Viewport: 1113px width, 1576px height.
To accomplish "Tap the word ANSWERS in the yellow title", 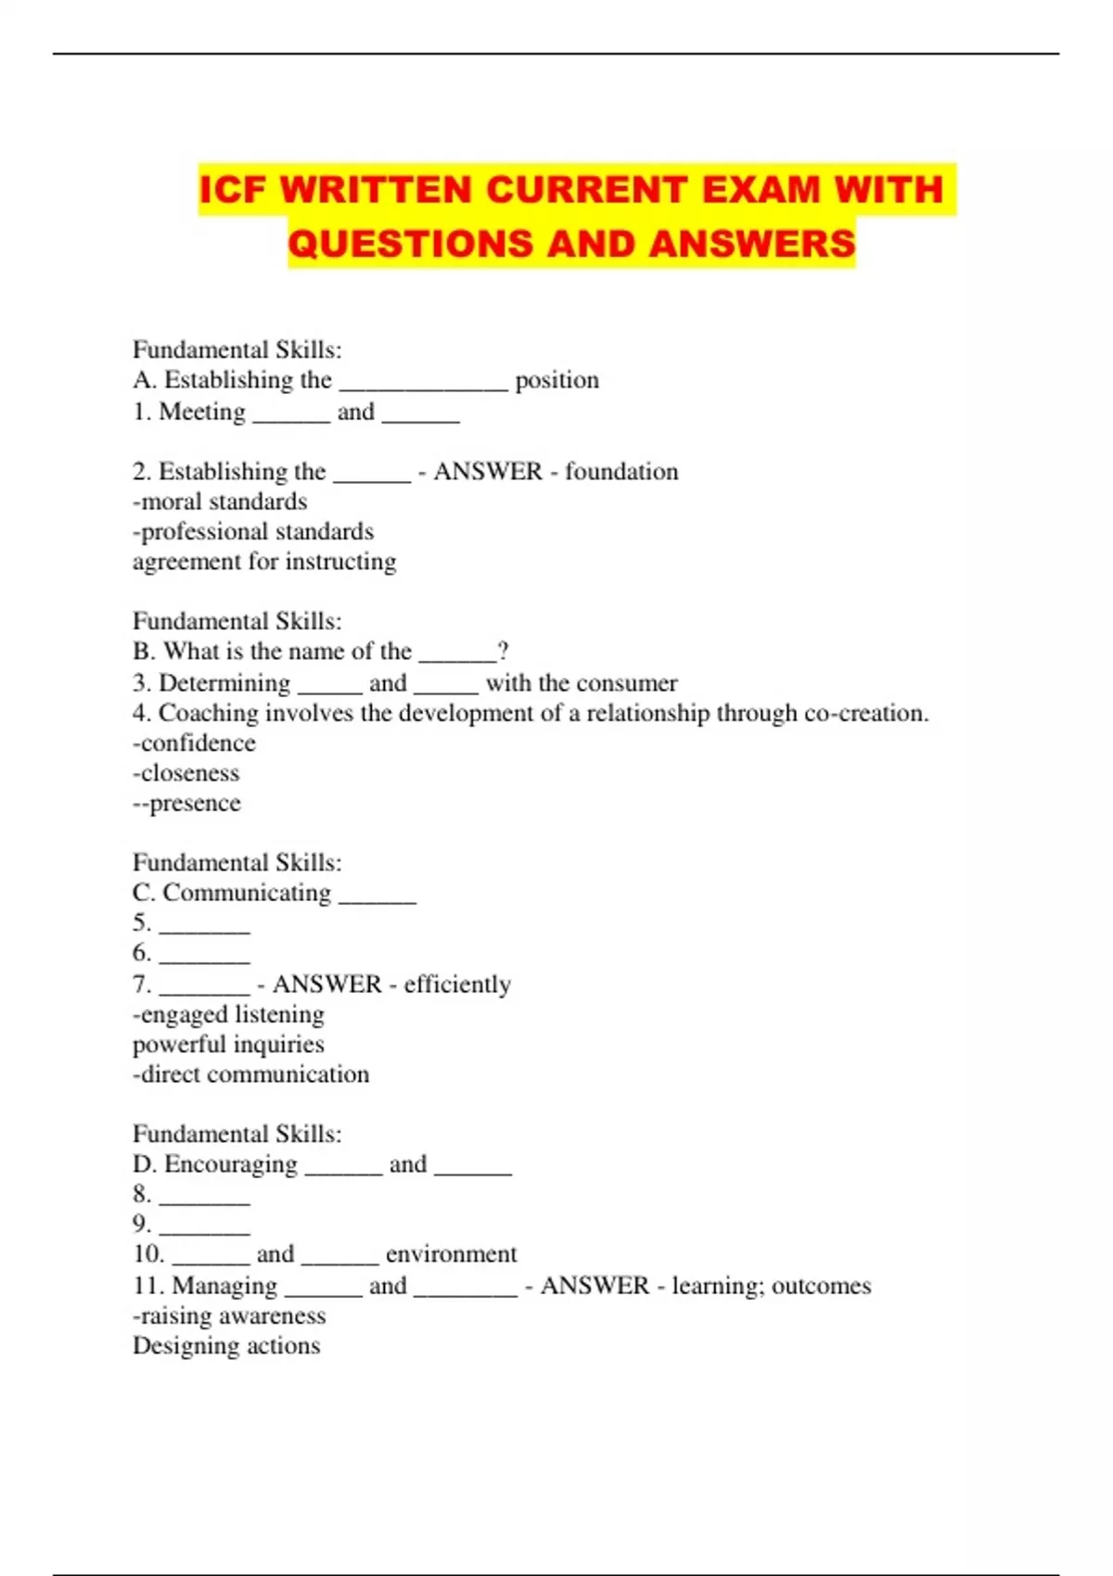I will (x=751, y=244).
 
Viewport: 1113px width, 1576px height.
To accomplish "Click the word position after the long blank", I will (x=556, y=380).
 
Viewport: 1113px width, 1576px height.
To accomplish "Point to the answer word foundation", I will (x=621, y=472).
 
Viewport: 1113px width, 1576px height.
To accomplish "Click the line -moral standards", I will (x=220, y=502).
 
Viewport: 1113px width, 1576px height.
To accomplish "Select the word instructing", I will (x=340, y=562).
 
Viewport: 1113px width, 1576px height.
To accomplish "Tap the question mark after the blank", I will (x=503, y=651).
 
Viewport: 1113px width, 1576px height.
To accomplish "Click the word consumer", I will (x=631, y=683).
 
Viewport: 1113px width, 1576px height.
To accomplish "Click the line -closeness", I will (x=185, y=773).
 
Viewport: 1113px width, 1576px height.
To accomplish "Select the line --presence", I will (x=186, y=803).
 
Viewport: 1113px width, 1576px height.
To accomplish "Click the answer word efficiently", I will (x=457, y=985).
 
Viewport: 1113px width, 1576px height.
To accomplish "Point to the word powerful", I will (x=177, y=1045).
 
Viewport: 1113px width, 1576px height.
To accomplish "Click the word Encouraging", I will (x=231, y=1164).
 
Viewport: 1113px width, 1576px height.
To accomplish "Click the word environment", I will (x=451, y=1254).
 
